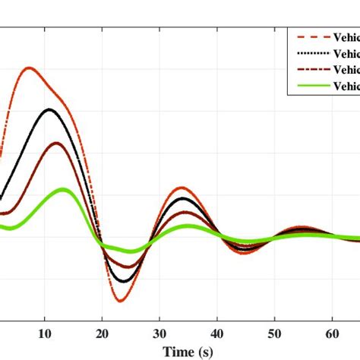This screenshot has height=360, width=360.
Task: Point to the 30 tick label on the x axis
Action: point(160,333)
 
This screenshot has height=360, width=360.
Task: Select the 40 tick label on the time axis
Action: point(217,333)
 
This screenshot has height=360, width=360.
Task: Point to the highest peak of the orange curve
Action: point(30,68)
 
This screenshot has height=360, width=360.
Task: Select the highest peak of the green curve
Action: point(63,189)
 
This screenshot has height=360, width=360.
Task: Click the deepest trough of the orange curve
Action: point(120,301)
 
